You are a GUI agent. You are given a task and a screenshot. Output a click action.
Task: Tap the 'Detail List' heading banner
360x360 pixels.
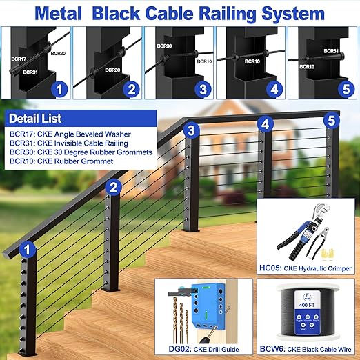coord(33,119)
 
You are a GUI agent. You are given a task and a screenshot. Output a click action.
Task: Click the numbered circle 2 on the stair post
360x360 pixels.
coord(114,186)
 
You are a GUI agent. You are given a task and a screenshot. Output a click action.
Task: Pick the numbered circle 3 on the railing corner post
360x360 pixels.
coord(192,130)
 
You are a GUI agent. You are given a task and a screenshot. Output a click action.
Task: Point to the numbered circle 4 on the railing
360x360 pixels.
coord(265,125)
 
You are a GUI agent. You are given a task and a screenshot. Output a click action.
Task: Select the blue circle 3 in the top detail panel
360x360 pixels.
coord(201,88)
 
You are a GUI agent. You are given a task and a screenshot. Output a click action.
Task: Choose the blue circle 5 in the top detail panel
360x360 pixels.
coord(343,88)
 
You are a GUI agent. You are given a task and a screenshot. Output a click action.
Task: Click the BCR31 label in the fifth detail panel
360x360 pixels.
coord(331,51)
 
